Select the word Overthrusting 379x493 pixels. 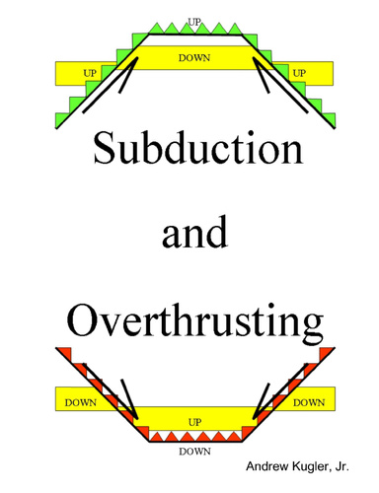pyautogui.click(x=195, y=321)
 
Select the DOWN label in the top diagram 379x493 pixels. pyautogui.click(x=194, y=58)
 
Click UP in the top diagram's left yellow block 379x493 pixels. pyautogui.click(x=90, y=73)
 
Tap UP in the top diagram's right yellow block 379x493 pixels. pyautogui.click(x=298, y=73)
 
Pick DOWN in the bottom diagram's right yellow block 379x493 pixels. pyautogui.click(x=309, y=402)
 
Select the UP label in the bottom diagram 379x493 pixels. pyautogui.click(x=194, y=421)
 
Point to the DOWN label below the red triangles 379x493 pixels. pyautogui.click(x=194, y=452)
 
